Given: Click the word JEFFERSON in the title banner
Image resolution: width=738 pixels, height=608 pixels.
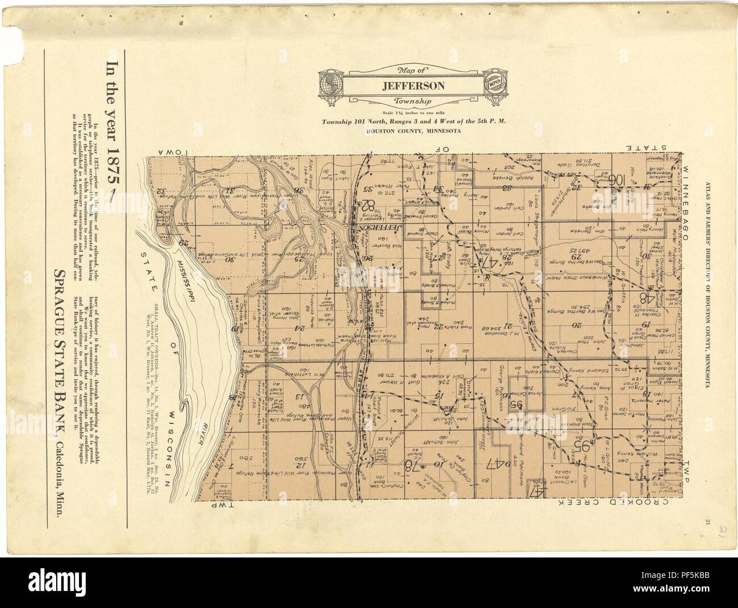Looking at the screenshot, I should pos(404,86).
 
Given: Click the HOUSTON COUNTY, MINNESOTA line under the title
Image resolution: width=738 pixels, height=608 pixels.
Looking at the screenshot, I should pos(404,130).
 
